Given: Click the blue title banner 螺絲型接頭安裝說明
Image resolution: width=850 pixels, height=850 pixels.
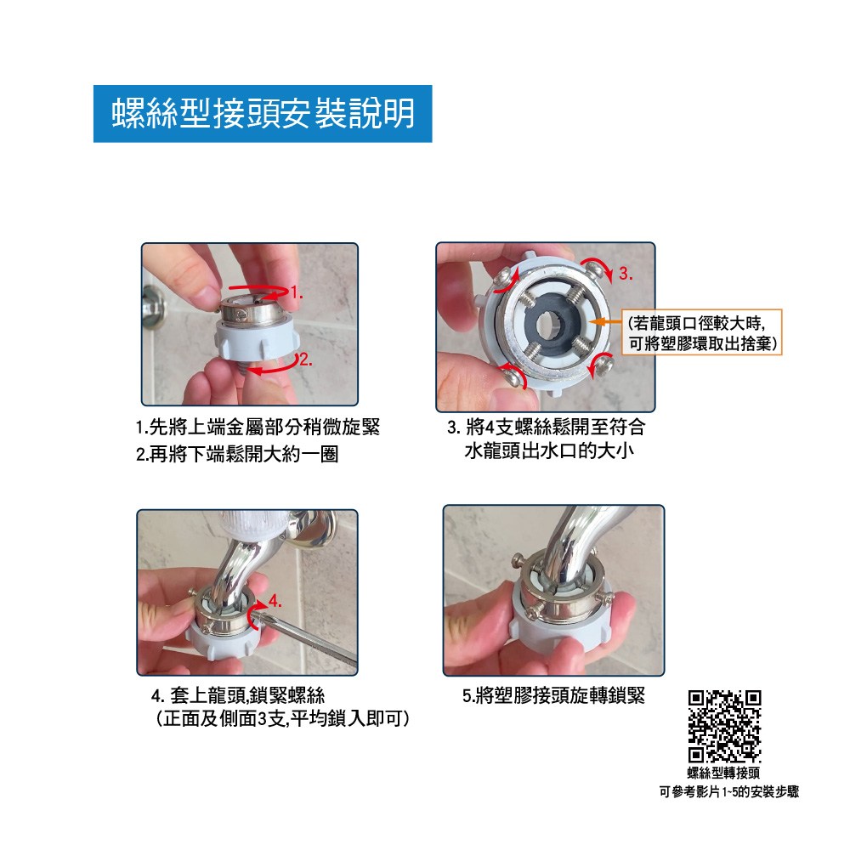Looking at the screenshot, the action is [x=263, y=114].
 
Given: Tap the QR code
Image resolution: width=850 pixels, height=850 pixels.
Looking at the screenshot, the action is [x=724, y=727].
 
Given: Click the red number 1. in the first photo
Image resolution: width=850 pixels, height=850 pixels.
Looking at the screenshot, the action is [x=297, y=293].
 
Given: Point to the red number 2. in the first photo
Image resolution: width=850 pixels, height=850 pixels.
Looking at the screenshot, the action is [x=306, y=360].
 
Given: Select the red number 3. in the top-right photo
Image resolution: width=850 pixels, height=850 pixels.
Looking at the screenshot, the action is [x=626, y=274].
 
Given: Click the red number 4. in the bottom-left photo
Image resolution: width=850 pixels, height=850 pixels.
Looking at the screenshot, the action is [x=275, y=601].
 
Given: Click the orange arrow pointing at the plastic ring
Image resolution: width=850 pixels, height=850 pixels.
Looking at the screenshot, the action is [x=605, y=322].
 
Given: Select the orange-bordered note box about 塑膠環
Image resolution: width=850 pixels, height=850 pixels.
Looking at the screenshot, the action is [x=702, y=332].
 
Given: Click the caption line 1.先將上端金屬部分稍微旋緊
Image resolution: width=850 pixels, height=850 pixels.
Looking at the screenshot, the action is [x=258, y=428].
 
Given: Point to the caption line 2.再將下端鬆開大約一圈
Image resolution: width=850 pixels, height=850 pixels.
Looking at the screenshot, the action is [x=237, y=454].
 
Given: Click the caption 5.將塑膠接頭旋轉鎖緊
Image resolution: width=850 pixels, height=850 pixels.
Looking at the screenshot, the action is [x=553, y=695].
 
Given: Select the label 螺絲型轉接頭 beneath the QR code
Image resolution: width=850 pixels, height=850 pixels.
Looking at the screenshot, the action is [x=723, y=773].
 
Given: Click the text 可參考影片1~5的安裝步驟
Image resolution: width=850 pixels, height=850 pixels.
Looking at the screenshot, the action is [x=729, y=792].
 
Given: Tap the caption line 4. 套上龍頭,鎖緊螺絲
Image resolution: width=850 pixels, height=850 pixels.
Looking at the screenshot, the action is [x=239, y=695].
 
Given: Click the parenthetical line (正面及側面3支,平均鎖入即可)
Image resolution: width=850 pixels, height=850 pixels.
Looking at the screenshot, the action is [x=282, y=719].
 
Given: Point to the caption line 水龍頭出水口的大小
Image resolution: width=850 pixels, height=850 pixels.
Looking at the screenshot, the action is [x=549, y=450].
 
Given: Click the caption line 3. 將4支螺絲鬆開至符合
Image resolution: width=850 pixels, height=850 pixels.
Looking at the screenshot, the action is [x=547, y=428].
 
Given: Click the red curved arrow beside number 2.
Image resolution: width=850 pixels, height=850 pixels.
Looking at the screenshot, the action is [x=273, y=365].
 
